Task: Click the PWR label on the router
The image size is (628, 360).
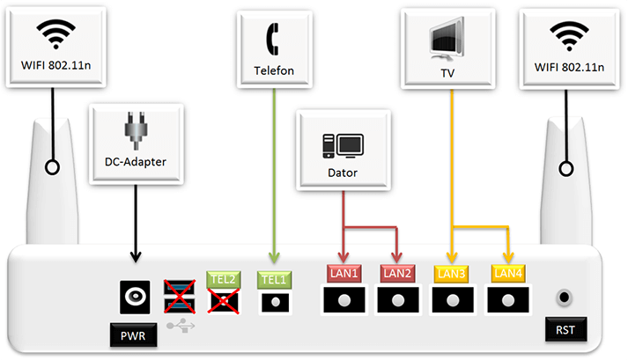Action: [135, 334]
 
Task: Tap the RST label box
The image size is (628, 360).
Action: [565, 332]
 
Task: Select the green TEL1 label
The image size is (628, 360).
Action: [276, 279]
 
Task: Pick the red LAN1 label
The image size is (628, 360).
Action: [344, 274]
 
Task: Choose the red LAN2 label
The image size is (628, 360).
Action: [397, 274]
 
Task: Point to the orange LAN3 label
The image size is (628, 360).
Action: [452, 274]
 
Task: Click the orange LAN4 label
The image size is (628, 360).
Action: [509, 274]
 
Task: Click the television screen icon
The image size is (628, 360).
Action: [452, 37]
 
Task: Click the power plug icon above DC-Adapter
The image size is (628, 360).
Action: [136, 130]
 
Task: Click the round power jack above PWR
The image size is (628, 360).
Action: [136, 298]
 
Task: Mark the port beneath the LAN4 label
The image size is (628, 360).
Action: [509, 300]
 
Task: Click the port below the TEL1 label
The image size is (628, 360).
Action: [276, 301]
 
